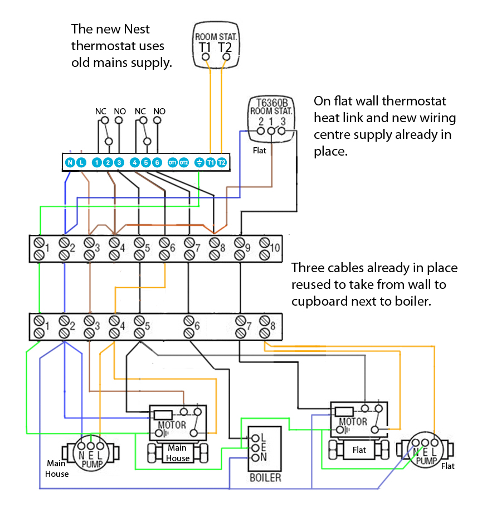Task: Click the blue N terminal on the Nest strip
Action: click(x=70, y=162)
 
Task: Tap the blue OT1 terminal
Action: click(x=173, y=162)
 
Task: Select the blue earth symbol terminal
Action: click(x=199, y=162)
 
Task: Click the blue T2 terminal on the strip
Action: click(x=221, y=162)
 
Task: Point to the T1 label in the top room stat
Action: click(x=205, y=47)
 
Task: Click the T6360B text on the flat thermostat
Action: click(x=272, y=103)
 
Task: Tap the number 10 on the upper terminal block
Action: click(x=275, y=248)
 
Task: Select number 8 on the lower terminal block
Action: click(x=272, y=326)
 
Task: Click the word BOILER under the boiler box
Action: click(x=265, y=478)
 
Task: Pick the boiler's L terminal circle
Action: click(x=256, y=438)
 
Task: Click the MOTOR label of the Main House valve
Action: click(x=172, y=425)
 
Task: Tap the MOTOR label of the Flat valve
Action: click(x=353, y=422)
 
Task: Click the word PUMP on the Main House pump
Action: click(x=92, y=464)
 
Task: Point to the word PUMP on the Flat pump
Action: click(x=426, y=461)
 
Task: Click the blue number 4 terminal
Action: click(x=134, y=162)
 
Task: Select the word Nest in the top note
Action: click(x=137, y=29)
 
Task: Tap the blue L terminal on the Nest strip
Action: click(x=81, y=162)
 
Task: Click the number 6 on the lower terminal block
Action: click(x=197, y=326)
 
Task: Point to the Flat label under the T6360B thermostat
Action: click(x=259, y=151)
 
